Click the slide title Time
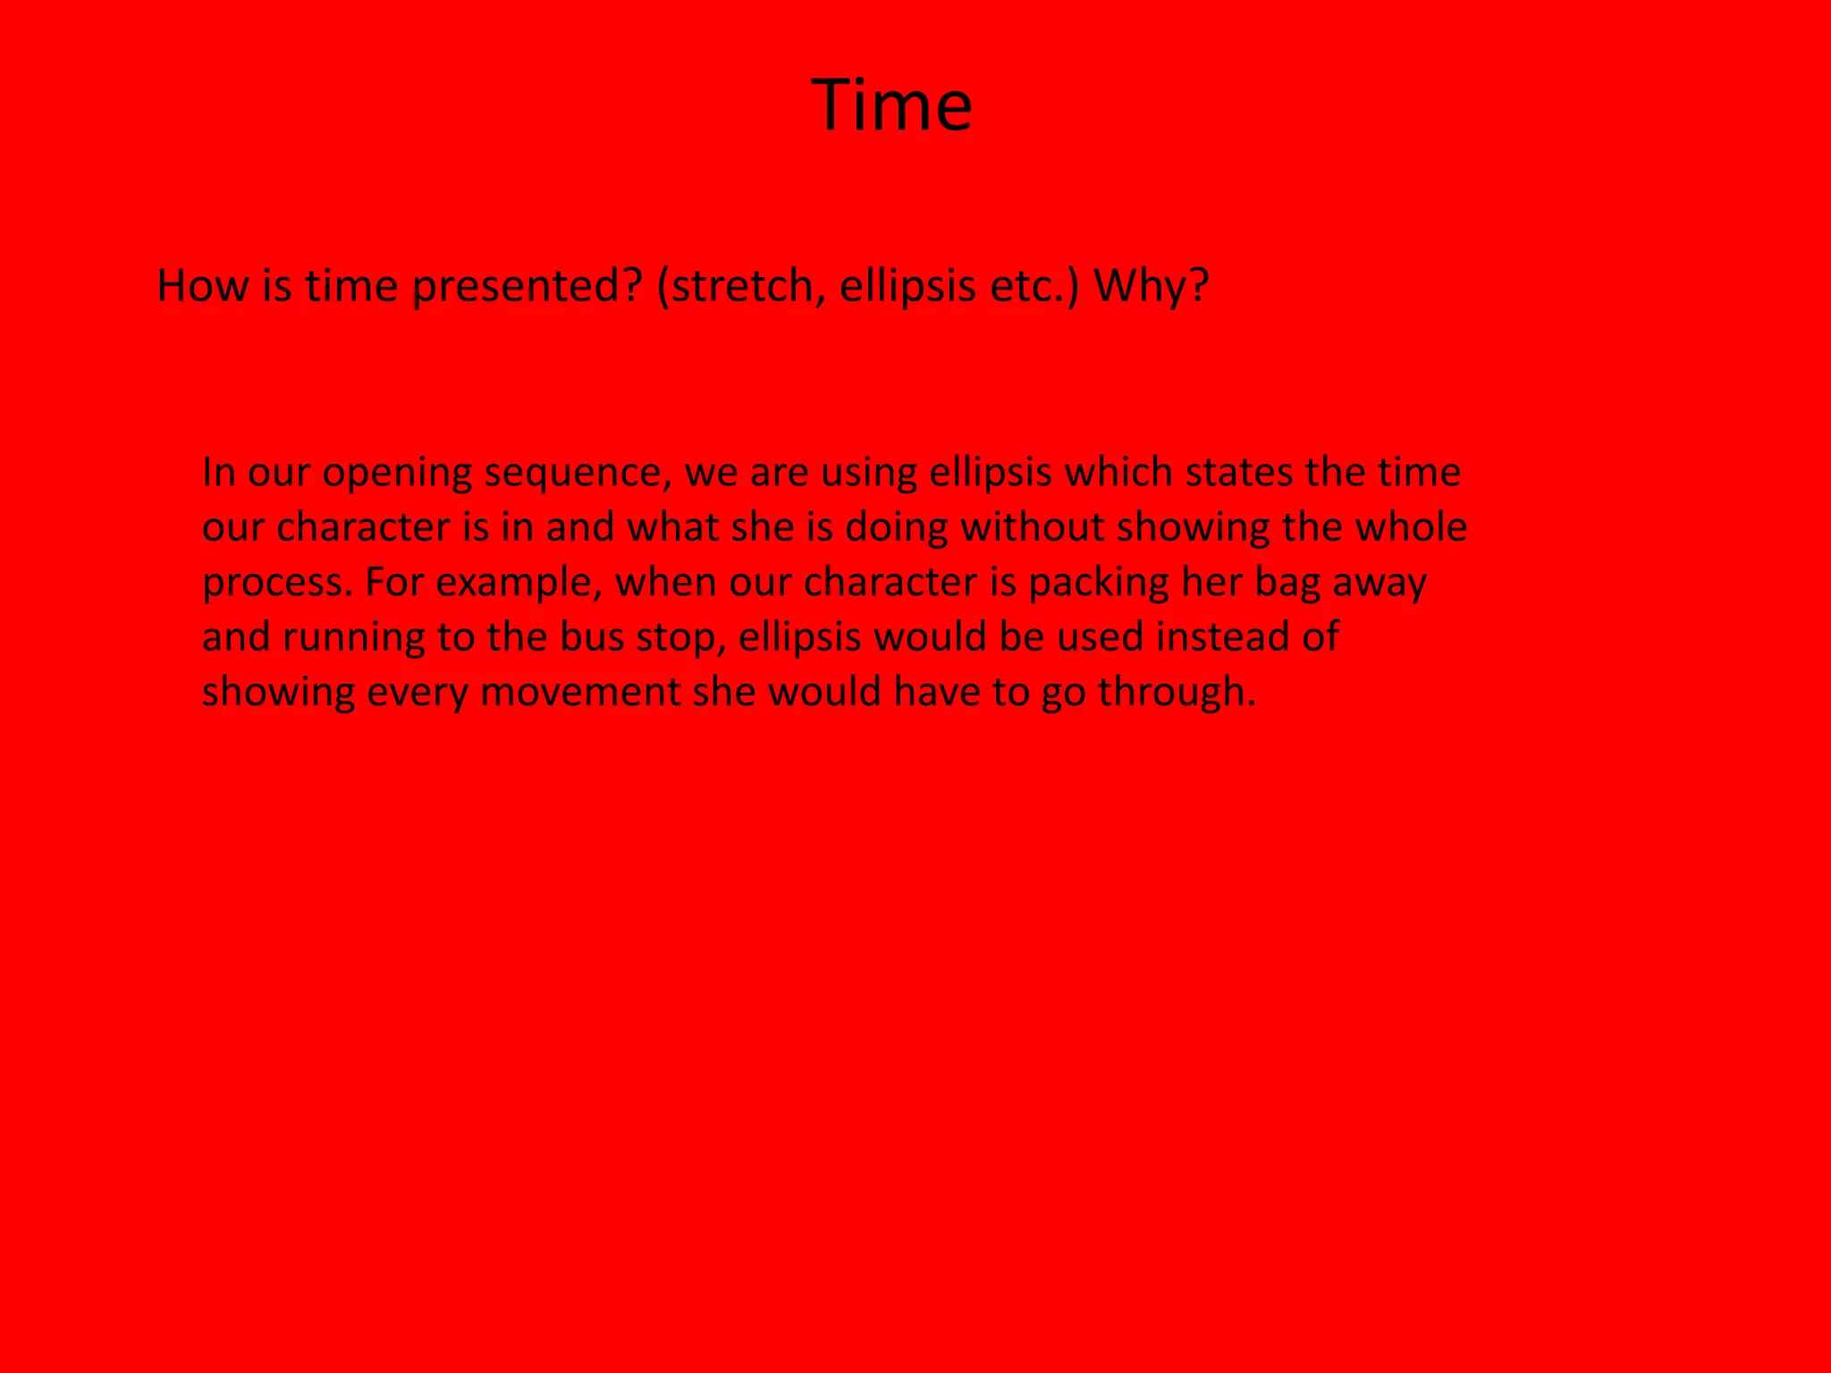892,105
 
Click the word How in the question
201,286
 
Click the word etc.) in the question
1034,288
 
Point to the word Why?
1152,288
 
